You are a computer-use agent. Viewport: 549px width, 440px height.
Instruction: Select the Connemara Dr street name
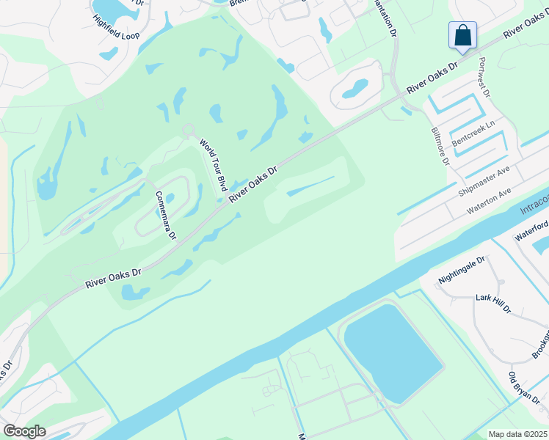point(166,215)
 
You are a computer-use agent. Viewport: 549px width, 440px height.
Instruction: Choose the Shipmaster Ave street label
point(484,181)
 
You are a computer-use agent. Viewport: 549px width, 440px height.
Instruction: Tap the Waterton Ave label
point(490,201)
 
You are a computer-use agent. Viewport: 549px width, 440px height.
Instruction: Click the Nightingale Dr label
point(462,271)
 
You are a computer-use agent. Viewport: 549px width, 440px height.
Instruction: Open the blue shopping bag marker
point(462,35)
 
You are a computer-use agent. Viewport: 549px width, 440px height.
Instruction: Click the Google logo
point(24,431)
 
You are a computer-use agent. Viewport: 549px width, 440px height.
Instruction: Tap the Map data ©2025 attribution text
point(517,434)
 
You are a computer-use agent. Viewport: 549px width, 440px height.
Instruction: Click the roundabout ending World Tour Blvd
point(188,131)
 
